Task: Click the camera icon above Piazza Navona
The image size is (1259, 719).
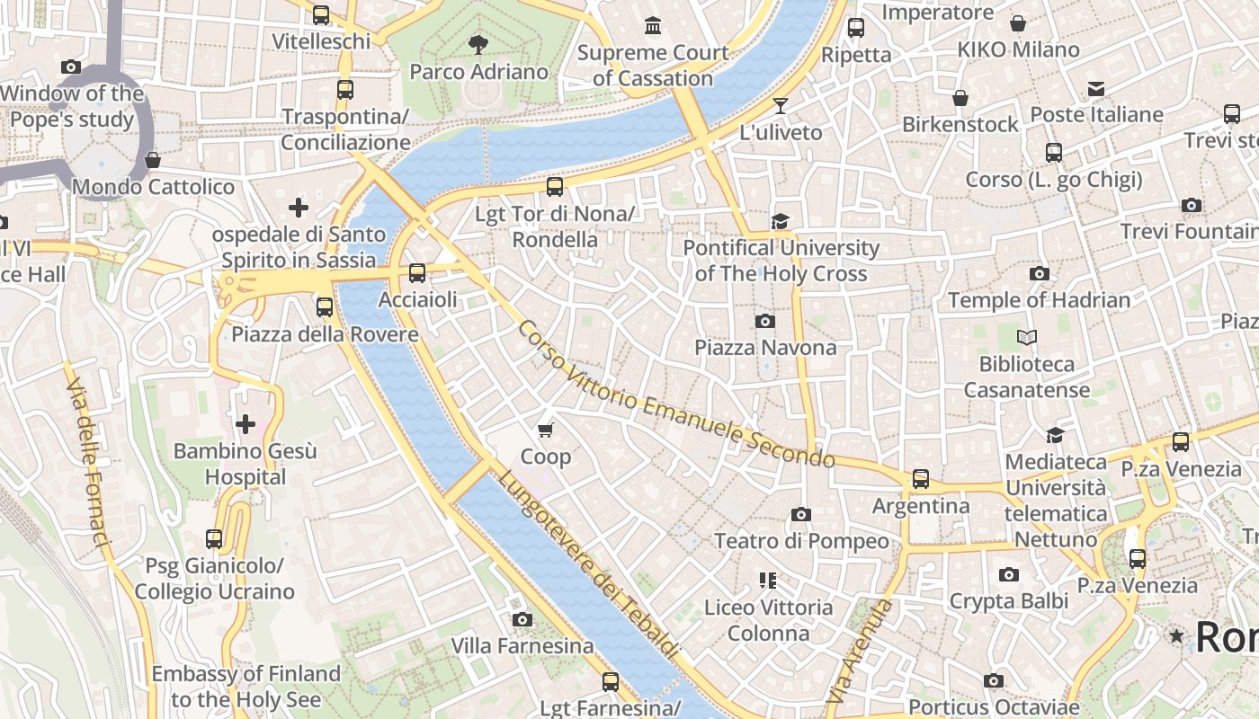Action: tap(765, 321)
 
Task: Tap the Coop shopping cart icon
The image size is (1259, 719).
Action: tap(546, 431)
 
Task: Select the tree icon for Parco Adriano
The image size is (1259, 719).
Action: tap(478, 44)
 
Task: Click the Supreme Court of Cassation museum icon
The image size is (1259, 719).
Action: tap(653, 26)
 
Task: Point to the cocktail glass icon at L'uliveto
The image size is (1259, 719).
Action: tap(781, 106)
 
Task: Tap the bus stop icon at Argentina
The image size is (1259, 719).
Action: tap(921, 479)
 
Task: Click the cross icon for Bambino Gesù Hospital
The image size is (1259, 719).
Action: tap(245, 424)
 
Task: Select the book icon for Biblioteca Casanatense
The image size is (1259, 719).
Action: tap(1026, 338)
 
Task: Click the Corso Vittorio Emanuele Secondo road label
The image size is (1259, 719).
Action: tap(675, 395)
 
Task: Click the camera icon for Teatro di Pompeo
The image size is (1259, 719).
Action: tap(801, 515)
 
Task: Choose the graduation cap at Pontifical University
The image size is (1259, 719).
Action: tap(781, 221)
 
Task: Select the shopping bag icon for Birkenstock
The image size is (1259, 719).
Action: tap(960, 98)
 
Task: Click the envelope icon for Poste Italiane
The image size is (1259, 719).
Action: tap(1096, 88)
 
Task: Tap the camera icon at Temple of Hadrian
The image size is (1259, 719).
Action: tap(1040, 274)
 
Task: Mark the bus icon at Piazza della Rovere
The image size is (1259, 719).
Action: tap(325, 307)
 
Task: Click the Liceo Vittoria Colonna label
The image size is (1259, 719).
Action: tap(769, 620)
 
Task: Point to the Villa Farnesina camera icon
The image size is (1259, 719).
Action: tap(522, 619)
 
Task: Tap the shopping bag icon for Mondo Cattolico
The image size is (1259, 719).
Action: tap(153, 160)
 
